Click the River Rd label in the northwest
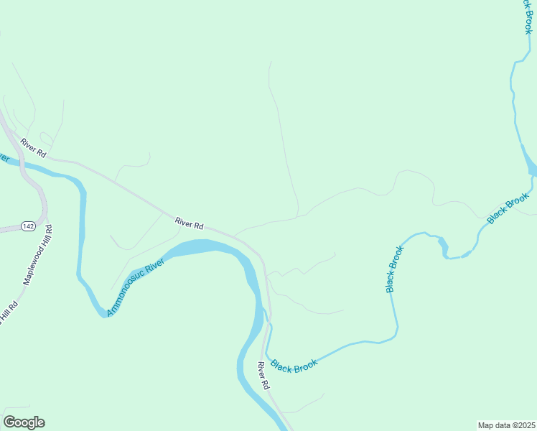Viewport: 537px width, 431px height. click(33, 147)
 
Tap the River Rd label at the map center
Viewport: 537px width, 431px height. click(190, 223)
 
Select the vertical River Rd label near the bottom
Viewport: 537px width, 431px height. click(263, 375)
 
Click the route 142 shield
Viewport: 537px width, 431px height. click(28, 226)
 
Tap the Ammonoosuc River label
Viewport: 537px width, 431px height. click(136, 288)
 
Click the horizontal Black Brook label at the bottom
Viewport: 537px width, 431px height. click(295, 366)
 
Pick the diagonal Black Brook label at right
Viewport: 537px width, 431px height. click(508, 208)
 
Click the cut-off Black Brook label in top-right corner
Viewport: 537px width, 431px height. click(526, 17)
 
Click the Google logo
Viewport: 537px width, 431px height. click(24, 422)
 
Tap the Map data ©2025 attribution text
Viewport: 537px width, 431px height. click(506, 425)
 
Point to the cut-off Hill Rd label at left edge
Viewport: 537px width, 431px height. click(8, 315)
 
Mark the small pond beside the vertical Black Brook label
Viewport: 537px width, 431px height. click(443, 246)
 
